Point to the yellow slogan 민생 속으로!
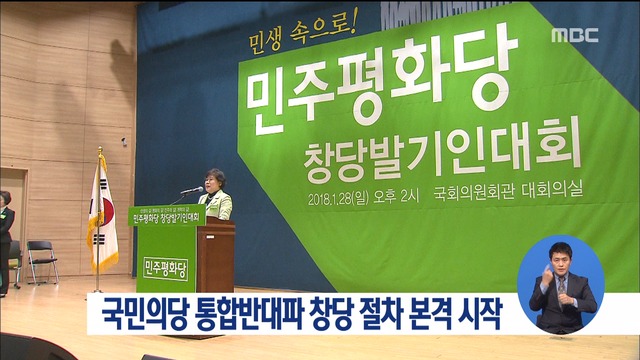coord(295,43)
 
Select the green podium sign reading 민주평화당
coord(166,264)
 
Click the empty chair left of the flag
coord(43,257)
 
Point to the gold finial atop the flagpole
coord(101,153)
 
